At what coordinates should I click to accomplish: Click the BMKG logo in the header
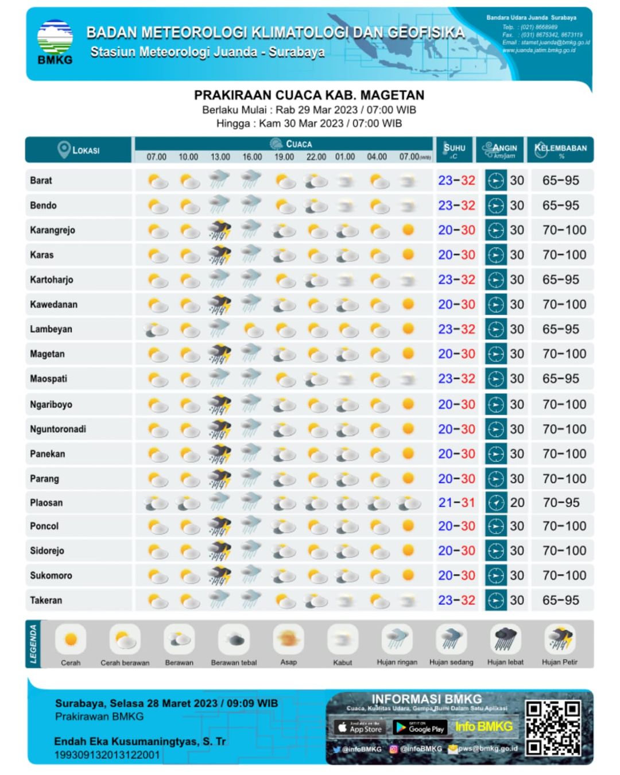click(55, 42)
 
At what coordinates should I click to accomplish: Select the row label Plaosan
click(46, 503)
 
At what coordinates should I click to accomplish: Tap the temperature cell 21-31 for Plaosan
click(456, 503)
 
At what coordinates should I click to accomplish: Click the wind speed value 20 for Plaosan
click(517, 503)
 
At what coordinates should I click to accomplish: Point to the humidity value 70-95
click(561, 503)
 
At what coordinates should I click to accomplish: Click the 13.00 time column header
click(220, 157)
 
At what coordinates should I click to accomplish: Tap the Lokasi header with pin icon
click(79, 150)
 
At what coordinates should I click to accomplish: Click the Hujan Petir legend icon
click(560, 638)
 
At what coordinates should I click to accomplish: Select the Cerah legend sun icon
click(71, 639)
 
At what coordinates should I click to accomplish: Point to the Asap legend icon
click(288, 639)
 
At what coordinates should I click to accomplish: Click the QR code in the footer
click(553, 727)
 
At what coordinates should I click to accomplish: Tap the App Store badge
click(359, 728)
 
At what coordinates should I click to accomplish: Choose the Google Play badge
click(419, 728)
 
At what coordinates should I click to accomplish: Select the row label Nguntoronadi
click(58, 429)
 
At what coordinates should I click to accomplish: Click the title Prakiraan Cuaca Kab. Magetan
click(309, 95)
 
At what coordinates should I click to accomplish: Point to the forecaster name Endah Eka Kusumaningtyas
click(139, 742)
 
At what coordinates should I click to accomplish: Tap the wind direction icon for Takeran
click(495, 600)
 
